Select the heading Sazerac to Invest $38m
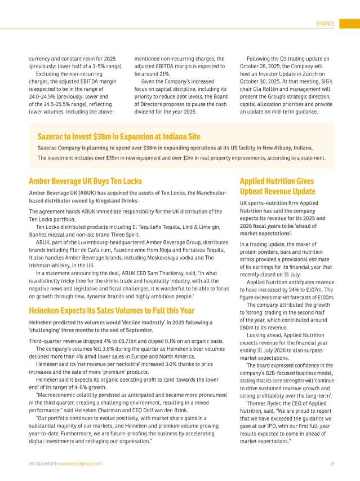tap(118, 137)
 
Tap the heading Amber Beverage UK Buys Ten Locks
tap(85, 182)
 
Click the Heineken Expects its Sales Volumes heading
tap(112, 310)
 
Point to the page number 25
tap(332, 464)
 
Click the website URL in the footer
tap(81, 464)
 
